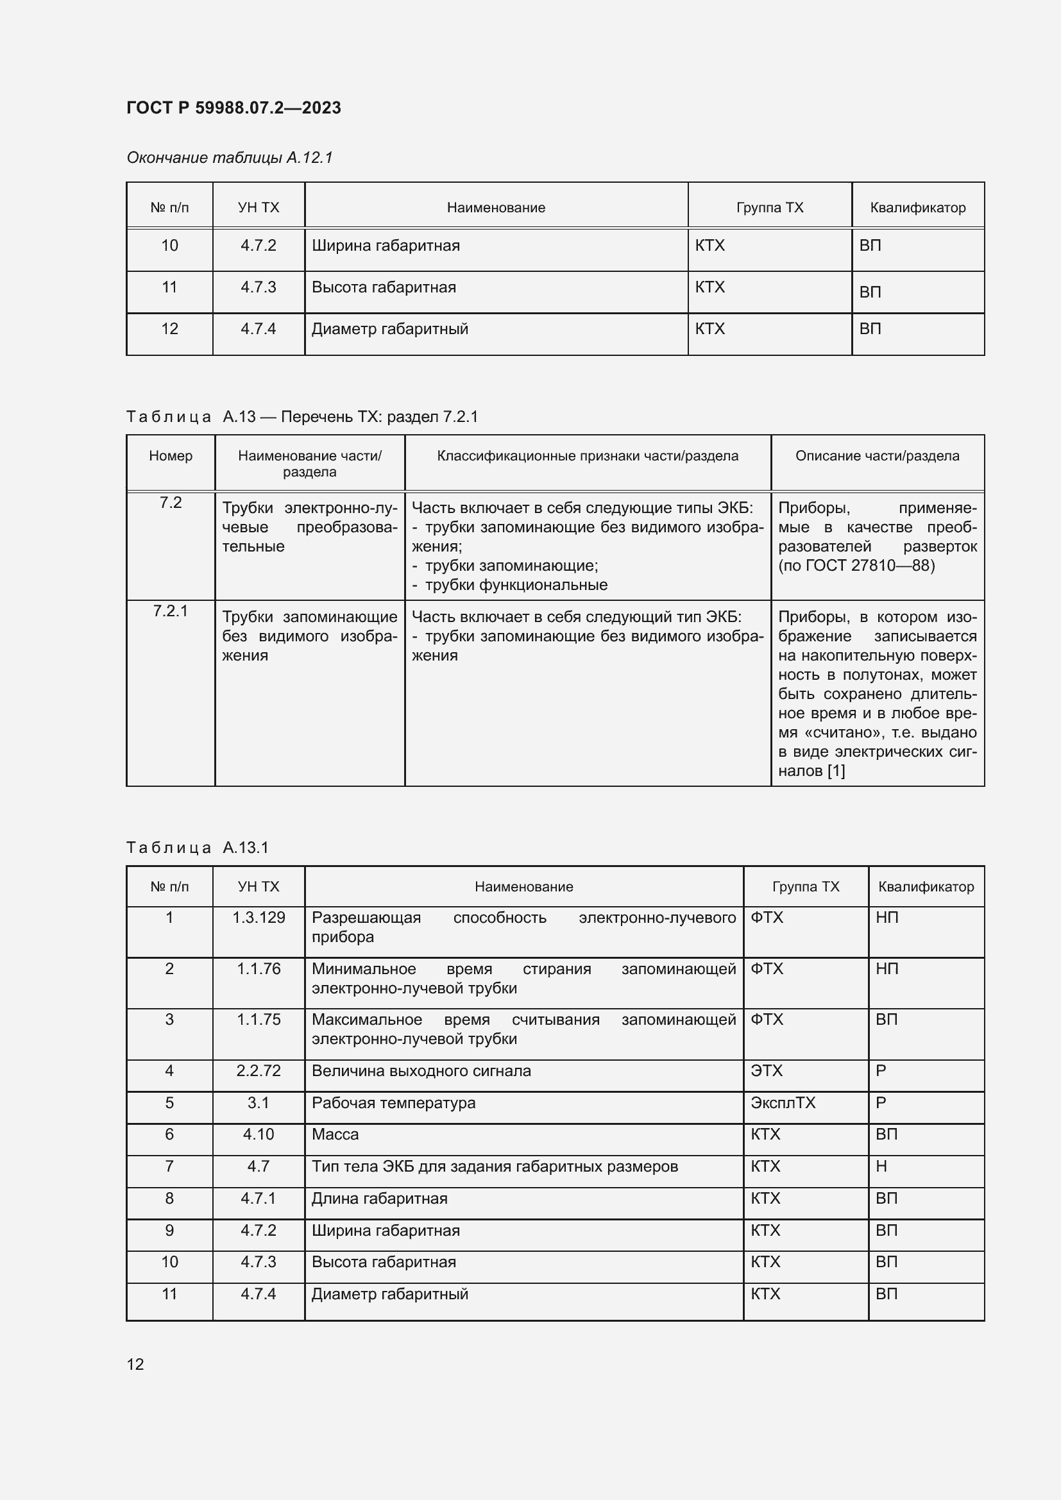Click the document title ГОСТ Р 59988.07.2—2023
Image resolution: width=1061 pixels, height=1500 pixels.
click(x=233, y=108)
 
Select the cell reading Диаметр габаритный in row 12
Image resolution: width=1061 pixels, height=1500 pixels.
click(x=389, y=328)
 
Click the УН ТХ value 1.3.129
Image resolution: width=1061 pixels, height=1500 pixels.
click(x=258, y=917)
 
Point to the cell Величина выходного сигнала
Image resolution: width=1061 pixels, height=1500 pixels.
click(x=421, y=1071)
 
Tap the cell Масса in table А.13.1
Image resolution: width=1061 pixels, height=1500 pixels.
click(x=334, y=1134)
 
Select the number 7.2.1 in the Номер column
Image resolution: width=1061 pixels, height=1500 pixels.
click(x=170, y=611)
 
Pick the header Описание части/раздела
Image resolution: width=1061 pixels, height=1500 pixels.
click(x=877, y=456)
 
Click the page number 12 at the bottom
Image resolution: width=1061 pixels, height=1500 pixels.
click(x=135, y=1364)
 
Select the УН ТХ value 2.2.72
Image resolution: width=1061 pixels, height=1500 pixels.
click(x=258, y=1071)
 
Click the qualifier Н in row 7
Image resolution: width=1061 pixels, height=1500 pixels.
click(x=881, y=1166)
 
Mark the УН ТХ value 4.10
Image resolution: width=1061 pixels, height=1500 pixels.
click(x=258, y=1134)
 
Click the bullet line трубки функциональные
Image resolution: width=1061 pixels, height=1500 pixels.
click(x=516, y=585)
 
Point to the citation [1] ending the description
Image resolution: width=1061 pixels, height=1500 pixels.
click(x=836, y=771)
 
